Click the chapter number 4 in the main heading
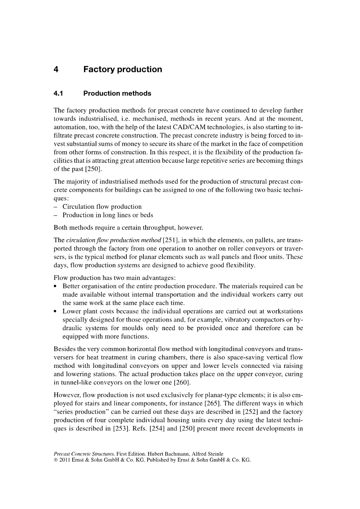(56, 70)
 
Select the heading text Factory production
(122, 70)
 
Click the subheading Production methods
(117, 93)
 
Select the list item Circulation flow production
(102, 206)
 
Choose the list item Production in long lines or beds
(108, 215)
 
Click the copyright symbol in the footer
(56, 460)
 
